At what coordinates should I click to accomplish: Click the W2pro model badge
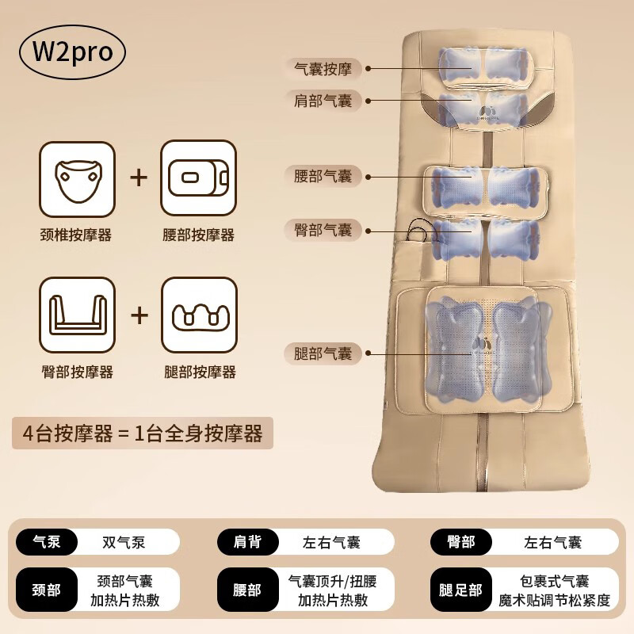[x=73, y=52]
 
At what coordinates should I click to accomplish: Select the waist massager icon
[x=198, y=178]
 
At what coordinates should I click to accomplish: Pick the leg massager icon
[x=198, y=315]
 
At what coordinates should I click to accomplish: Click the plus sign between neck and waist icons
[x=139, y=178]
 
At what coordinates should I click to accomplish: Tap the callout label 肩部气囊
[x=323, y=101]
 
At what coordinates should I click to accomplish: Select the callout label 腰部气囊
[x=323, y=175]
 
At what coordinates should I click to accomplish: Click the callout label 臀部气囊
[x=323, y=230]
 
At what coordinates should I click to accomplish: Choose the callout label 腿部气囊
[x=323, y=353]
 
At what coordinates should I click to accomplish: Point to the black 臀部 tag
[x=460, y=542]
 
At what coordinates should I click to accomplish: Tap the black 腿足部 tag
[x=460, y=590]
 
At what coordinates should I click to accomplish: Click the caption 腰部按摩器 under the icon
[x=198, y=235]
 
